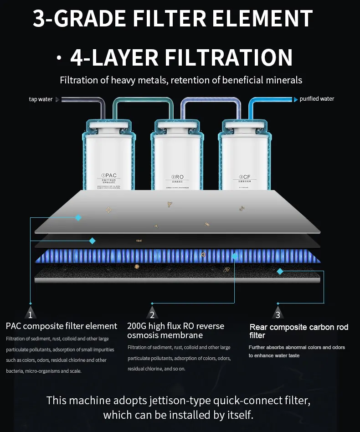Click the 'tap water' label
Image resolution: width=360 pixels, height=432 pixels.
[41, 99]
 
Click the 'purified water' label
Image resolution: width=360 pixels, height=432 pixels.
[317, 99]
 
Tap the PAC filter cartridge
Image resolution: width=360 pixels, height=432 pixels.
[108, 155]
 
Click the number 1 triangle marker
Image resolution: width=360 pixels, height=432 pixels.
[30, 314]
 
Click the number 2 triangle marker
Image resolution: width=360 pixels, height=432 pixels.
[152, 314]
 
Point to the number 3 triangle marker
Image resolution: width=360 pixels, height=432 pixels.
[278, 314]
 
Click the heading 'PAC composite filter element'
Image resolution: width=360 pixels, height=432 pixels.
[62, 326]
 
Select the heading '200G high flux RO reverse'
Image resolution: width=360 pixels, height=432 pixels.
[176, 326]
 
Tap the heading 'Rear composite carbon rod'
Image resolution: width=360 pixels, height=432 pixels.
[299, 327]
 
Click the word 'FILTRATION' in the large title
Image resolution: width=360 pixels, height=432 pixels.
[228, 58]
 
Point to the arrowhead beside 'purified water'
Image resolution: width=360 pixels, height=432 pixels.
[296, 99]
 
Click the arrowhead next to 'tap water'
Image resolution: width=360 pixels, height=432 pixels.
[57, 99]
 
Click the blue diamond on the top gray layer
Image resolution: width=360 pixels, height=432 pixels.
[78, 218]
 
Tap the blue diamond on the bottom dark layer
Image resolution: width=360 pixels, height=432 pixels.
[280, 271]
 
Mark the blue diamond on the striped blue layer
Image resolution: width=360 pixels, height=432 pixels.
[235, 256]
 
